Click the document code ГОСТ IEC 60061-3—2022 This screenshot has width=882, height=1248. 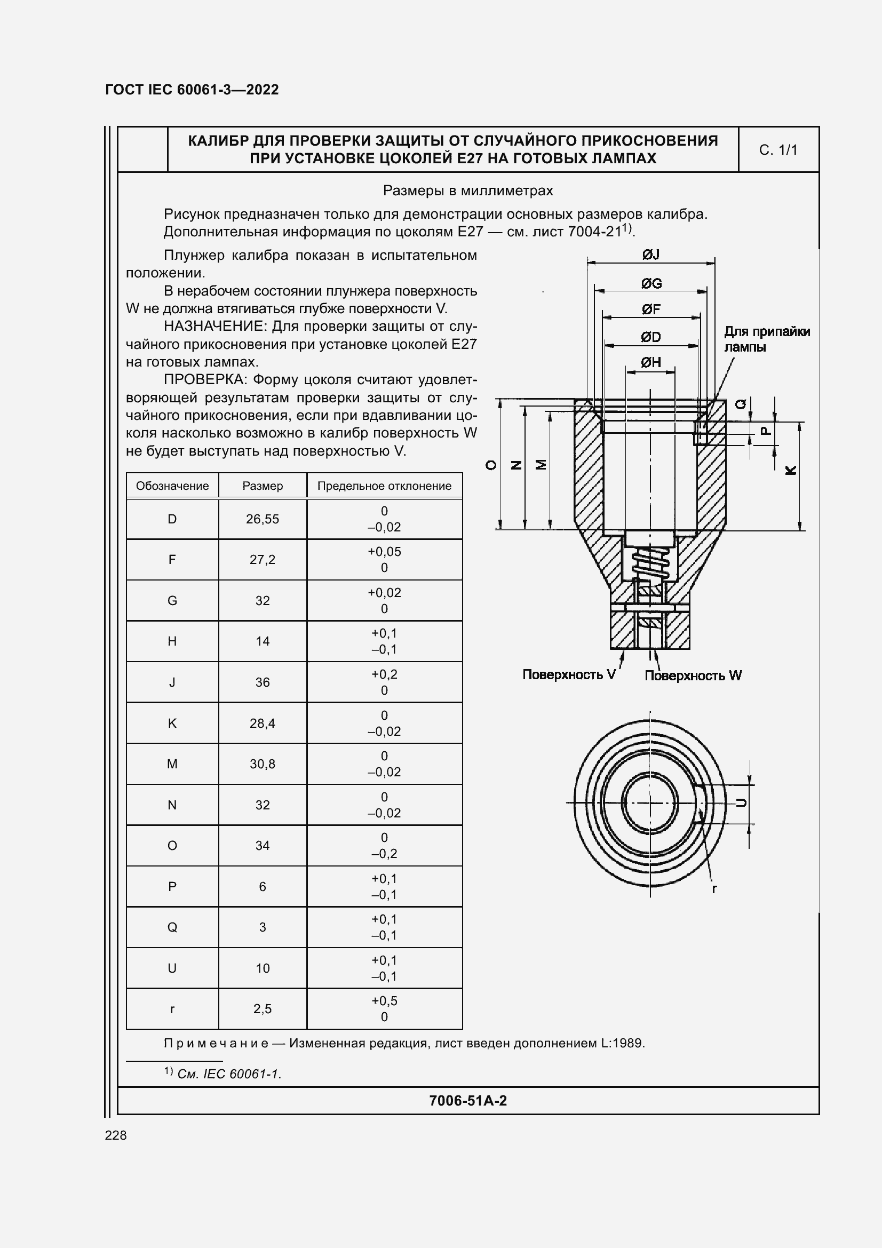[192, 90]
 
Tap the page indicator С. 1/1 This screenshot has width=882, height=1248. [777, 150]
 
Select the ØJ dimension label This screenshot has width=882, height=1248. [650, 255]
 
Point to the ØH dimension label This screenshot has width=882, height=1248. [650, 362]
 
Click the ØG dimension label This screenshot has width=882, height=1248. [650, 283]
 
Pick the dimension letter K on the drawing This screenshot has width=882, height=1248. [791, 470]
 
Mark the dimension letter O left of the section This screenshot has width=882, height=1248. [491, 465]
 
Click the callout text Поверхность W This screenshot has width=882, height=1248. [693, 675]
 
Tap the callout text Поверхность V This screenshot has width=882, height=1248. [568, 674]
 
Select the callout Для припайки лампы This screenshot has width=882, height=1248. [766, 339]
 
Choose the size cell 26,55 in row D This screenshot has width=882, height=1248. [262, 519]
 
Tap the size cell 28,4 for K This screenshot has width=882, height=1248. [262, 723]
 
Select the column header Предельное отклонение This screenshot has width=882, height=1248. [384, 486]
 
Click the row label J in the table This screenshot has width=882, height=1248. [172, 682]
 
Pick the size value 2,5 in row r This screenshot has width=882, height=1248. [262, 1009]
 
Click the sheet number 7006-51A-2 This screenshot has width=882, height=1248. [467, 1101]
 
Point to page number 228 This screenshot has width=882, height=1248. [116, 1135]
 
